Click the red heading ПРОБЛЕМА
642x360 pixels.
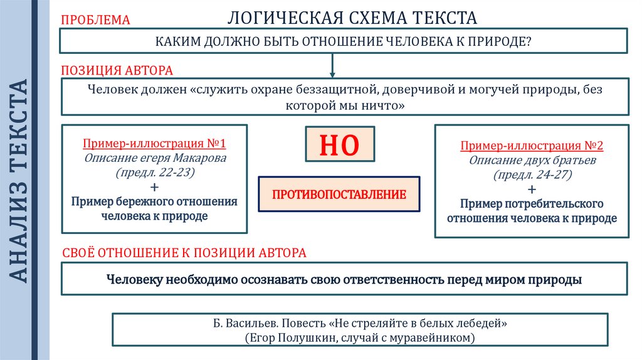95,20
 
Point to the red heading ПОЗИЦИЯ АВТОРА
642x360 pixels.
117,70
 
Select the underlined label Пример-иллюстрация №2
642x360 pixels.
532,146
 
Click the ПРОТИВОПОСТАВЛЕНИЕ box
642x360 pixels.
339,194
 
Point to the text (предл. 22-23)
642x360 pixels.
155,172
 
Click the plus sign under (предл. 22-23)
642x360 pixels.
155,187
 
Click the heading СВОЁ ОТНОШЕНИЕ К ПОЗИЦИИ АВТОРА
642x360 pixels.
185,253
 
